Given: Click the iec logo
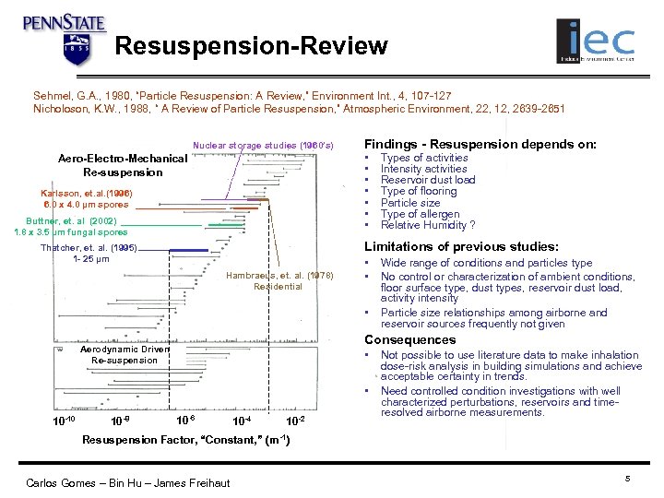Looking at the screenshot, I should coord(596,41).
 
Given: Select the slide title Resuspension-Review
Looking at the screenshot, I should coord(252,45).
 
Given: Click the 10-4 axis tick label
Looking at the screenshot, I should coord(241,421).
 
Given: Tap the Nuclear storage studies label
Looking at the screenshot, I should coord(263,146).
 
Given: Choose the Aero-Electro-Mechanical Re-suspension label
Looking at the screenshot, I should coord(122,165).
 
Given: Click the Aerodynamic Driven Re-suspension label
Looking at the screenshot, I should coord(125,355).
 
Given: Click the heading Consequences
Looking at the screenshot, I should coord(410,339).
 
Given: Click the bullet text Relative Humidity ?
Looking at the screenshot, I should coord(428,225).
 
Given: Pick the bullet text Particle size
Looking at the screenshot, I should coord(410,203).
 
